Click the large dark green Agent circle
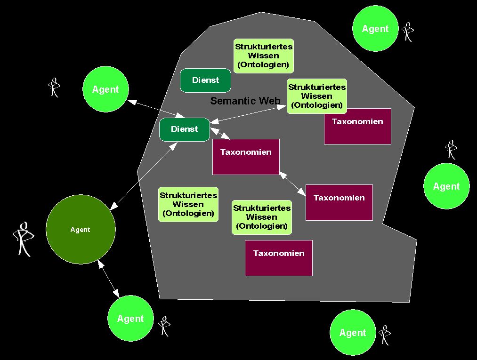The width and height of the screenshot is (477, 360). coord(81,229)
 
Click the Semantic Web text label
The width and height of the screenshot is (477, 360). coord(245,101)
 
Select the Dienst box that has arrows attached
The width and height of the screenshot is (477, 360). coord(185,129)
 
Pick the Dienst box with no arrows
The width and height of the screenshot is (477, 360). coord(206,80)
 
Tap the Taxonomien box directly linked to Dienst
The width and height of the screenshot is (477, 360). coord(246,157)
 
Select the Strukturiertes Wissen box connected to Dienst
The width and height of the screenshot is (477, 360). coord(316,96)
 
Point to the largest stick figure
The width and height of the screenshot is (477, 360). coord(23,239)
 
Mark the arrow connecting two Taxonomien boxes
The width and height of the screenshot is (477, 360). coord(292,183)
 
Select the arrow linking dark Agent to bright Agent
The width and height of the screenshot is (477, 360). coord(109,279)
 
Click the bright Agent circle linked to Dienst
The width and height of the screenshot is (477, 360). coord(105,89)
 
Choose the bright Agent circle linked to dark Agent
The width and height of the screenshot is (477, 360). coord(130,319)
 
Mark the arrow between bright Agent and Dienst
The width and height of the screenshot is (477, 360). coord(155,108)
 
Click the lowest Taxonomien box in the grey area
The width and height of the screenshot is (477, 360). coord(278,258)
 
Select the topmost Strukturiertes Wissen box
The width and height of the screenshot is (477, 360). coord(264,56)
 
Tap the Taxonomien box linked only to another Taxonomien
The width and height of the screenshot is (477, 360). coord(339,202)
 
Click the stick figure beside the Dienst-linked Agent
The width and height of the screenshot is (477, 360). coord(55,87)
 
